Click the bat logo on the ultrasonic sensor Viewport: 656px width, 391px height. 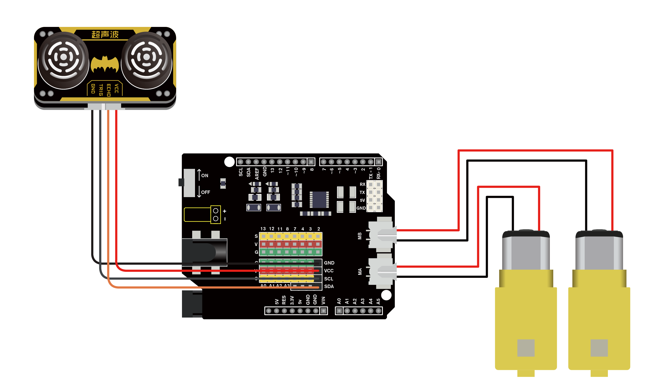(105, 64)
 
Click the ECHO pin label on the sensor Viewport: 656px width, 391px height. (109, 90)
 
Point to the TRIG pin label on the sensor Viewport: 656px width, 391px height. (101, 90)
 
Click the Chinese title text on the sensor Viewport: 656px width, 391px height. (105, 34)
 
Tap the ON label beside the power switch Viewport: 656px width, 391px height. (205, 176)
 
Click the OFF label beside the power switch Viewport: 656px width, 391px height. (206, 192)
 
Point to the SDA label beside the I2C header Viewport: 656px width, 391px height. (329, 287)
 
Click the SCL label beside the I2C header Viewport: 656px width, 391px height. (329, 279)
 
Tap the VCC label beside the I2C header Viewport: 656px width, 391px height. (329, 271)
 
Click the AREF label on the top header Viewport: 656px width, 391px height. (257, 174)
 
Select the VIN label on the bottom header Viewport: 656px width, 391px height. (324, 301)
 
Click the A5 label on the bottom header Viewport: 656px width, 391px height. (379, 301)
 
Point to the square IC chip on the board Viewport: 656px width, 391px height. (319, 199)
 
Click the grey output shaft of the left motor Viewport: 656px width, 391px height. (526, 348)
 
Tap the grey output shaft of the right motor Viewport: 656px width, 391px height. (599, 348)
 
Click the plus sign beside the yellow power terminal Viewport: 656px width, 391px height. (225, 211)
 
